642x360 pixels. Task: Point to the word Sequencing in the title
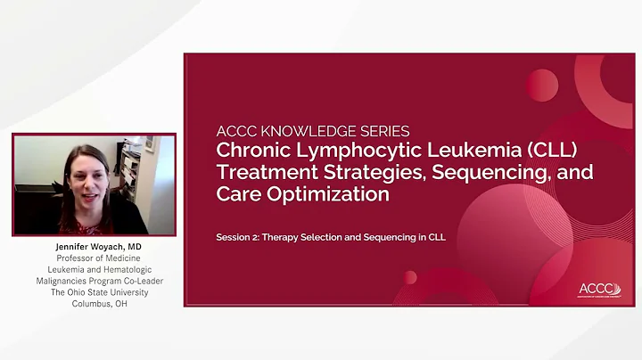(x=503, y=172)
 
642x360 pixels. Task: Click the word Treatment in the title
(x=257, y=172)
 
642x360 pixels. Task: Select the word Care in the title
(x=236, y=194)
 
